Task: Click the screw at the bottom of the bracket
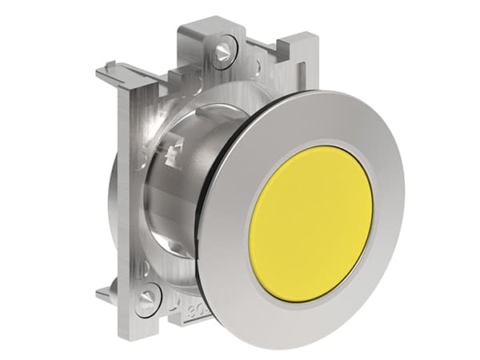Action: pyautogui.click(x=146, y=302)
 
